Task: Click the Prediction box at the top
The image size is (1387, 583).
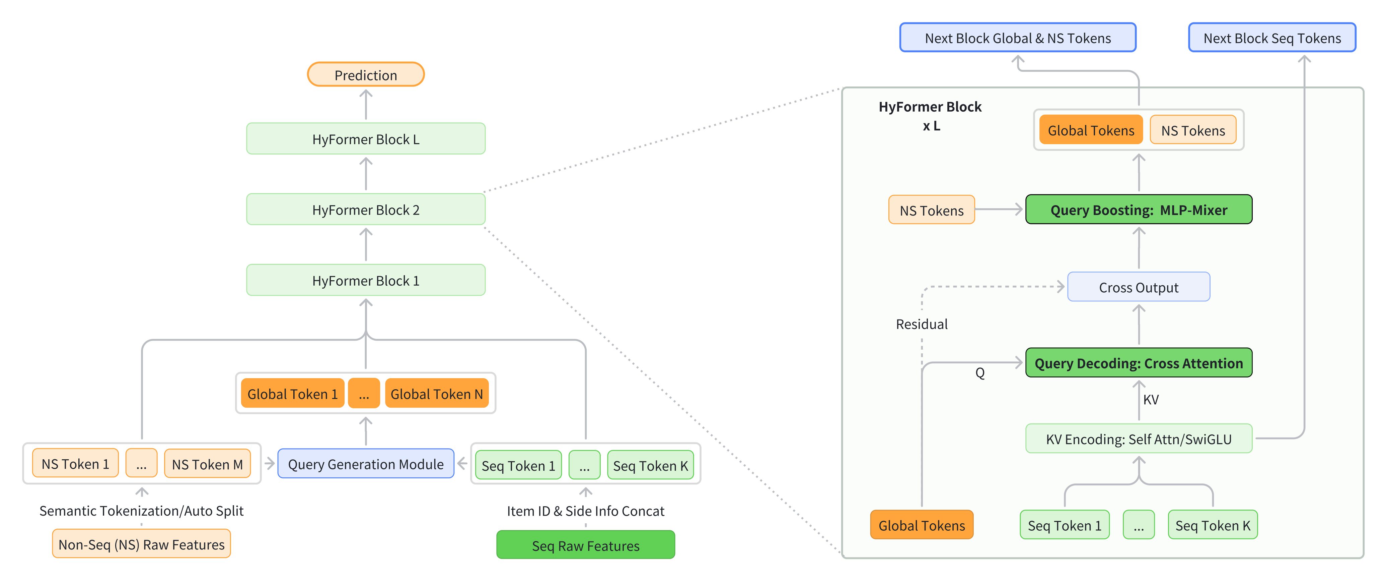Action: coord(366,75)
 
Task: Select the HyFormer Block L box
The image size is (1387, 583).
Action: coord(366,139)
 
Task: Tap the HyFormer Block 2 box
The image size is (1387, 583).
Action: coord(366,210)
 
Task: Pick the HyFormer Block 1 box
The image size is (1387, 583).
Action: coord(366,280)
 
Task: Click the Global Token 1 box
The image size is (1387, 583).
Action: coord(292,394)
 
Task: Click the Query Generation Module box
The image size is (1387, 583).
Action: coord(366,464)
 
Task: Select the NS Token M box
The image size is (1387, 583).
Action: coord(207,464)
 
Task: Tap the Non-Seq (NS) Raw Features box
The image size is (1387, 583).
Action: coord(141,544)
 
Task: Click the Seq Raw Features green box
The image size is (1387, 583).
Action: coord(585,545)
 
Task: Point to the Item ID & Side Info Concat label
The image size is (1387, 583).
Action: coord(585,511)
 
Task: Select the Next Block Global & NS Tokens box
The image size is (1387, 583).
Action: coord(1018,38)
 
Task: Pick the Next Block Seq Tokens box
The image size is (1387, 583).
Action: coord(1272,38)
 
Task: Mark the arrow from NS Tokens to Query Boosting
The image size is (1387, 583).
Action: coord(999,210)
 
